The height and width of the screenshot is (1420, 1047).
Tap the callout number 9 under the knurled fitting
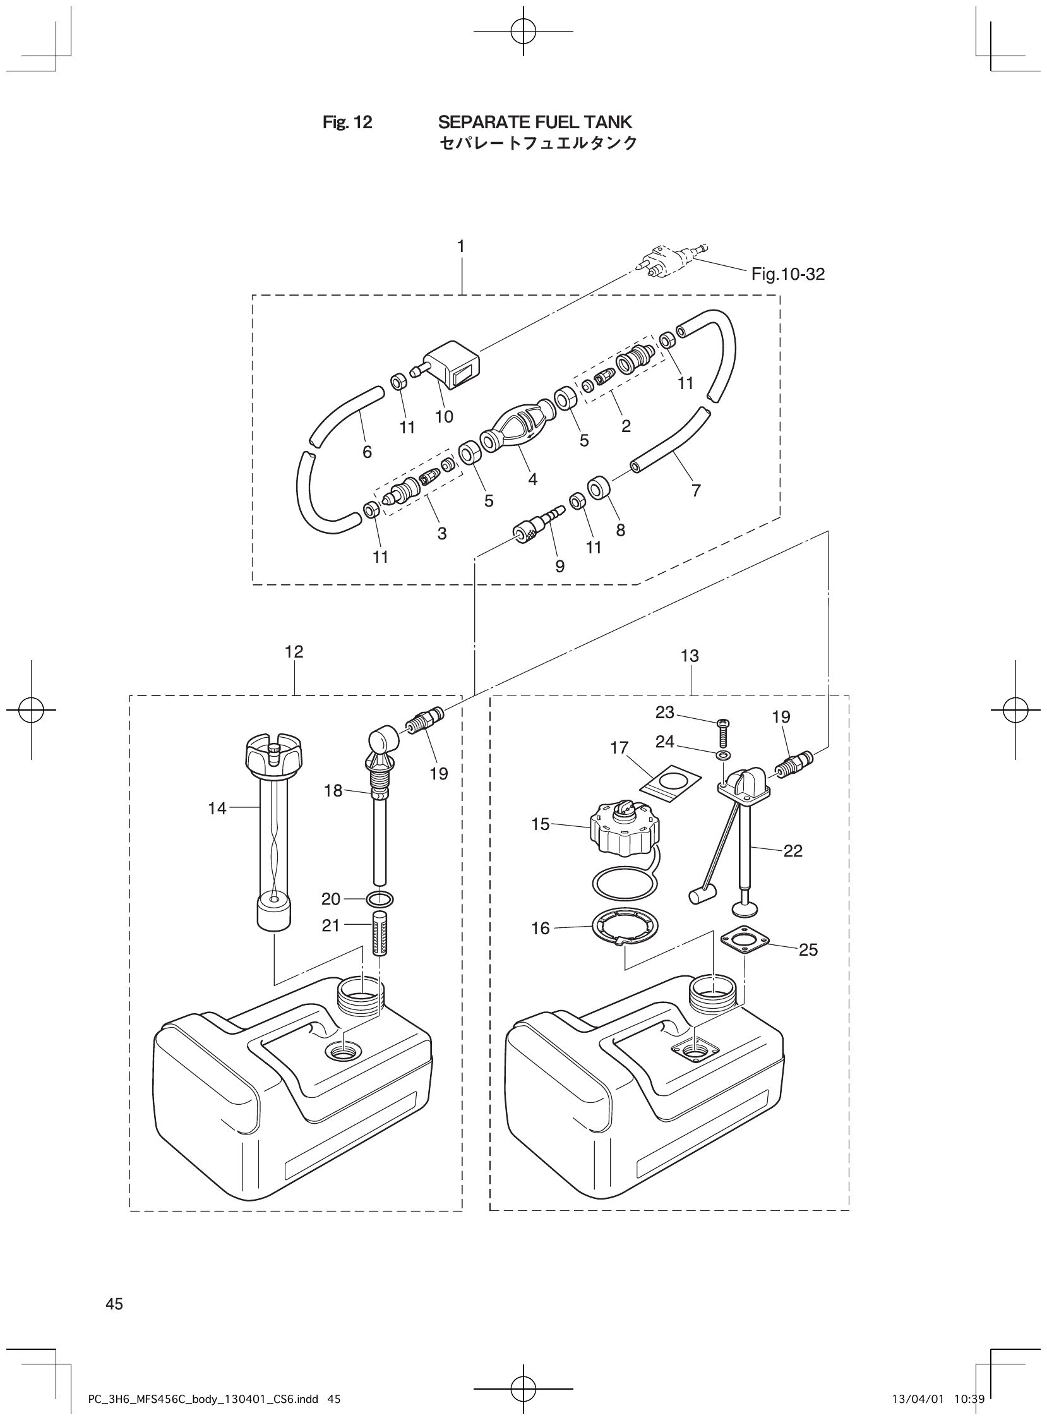[x=559, y=566]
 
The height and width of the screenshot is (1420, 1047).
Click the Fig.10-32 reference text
[x=788, y=274]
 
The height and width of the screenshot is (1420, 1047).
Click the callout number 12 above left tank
[x=294, y=652]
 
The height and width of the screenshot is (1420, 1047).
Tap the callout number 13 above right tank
[x=690, y=656]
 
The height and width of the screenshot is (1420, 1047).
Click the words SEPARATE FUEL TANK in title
[x=535, y=121]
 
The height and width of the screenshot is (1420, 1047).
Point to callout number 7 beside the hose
[x=696, y=490]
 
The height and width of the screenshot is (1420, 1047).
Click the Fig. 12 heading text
[x=347, y=122]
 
